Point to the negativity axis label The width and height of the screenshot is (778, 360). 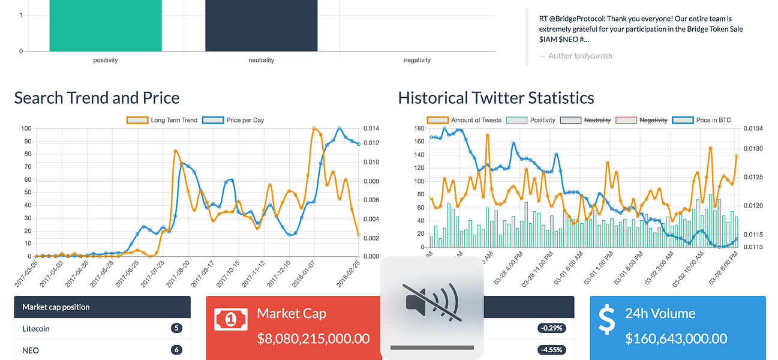[417, 60]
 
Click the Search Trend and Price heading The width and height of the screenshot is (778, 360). [97, 98]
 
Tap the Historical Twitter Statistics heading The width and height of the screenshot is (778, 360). [496, 98]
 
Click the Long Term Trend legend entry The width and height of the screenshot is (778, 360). [162, 120]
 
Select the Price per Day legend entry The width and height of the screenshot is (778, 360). [234, 120]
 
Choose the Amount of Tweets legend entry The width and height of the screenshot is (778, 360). [464, 120]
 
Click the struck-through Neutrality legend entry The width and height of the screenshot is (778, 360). [585, 120]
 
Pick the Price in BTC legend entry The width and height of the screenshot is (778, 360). [701, 120]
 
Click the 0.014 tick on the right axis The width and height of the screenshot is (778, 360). [371, 128]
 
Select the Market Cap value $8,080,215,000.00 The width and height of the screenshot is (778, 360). [313, 338]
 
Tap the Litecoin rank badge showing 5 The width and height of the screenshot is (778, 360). [176, 328]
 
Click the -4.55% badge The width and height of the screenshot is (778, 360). [551, 350]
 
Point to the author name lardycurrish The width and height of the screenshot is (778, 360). [593, 56]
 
